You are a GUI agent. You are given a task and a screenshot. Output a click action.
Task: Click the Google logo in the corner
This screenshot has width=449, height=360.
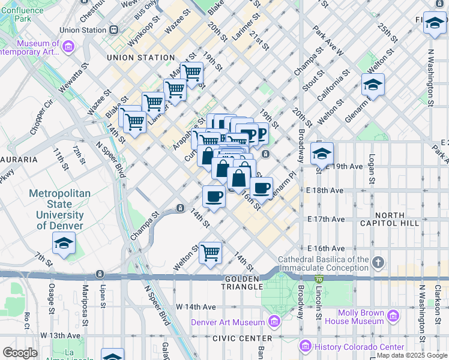20,353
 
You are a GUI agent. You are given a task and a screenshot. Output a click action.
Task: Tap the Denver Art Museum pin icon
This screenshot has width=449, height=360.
274,322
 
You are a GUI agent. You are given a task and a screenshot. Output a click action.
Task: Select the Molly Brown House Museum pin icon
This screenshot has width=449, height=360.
393,316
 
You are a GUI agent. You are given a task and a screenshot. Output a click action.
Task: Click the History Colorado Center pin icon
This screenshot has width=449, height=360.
305,347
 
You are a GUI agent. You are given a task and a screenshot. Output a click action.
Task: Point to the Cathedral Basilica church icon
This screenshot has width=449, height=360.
378,262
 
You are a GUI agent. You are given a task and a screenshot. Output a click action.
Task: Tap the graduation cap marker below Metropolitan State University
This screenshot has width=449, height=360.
64,244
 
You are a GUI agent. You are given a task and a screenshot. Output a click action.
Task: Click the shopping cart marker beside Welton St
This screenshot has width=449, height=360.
211,253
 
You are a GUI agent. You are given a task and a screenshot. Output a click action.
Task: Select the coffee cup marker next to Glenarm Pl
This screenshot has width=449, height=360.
261,188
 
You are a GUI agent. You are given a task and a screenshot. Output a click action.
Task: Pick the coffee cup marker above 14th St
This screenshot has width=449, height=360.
214,196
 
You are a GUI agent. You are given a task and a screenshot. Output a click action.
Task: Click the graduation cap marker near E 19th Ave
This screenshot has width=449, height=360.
322,154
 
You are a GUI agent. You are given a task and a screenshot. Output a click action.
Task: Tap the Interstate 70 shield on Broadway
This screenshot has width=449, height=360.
318,278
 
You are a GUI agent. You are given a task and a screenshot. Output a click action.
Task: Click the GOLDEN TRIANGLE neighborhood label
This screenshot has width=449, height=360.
241,280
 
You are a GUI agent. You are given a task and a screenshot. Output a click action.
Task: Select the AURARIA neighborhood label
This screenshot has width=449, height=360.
19,160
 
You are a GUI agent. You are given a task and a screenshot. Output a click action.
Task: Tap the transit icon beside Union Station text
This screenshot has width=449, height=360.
114,29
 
